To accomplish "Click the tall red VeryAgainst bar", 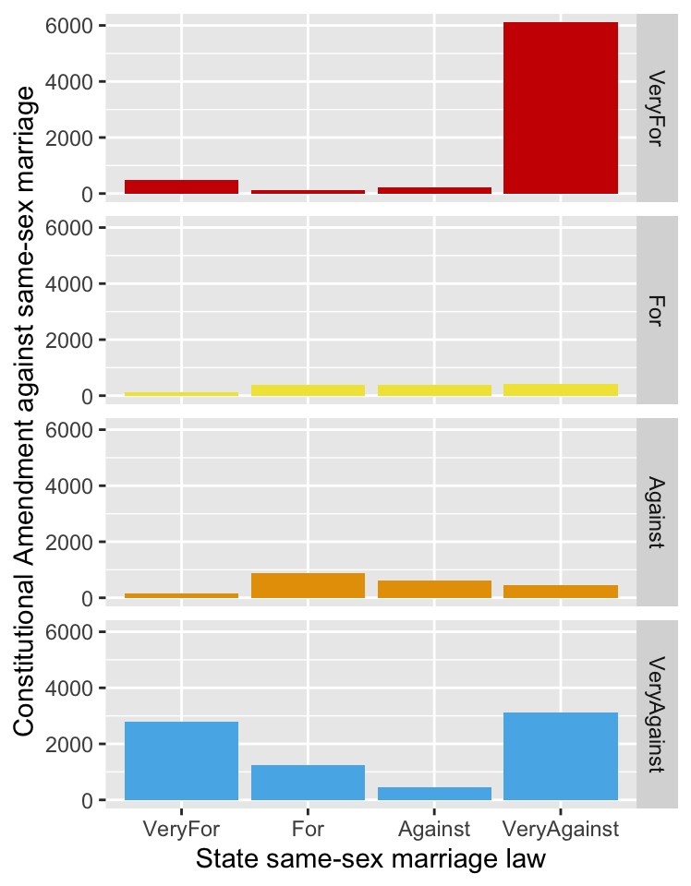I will (x=560, y=108).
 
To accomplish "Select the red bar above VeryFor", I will (x=181, y=186).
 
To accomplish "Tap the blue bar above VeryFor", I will (x=181, y=760).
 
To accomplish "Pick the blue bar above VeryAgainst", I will (x=560, y=756).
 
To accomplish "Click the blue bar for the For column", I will (x=308, y=783).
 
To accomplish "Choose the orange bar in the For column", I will (x=308, y=585).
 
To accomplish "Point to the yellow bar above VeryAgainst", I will (x=560, y=389).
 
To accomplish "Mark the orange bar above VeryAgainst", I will (x=560, y=592).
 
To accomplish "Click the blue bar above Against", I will (x=434, y=793).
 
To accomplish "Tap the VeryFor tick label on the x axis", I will (x=181, y=829).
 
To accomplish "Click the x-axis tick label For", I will (x=308, y=829).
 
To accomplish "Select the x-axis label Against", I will (x=434, y=829).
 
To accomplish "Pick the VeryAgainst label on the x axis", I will (x=560, y=829).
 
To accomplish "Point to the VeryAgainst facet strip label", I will (x=657, y=714).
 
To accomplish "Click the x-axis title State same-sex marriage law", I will (x=370, y=859).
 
